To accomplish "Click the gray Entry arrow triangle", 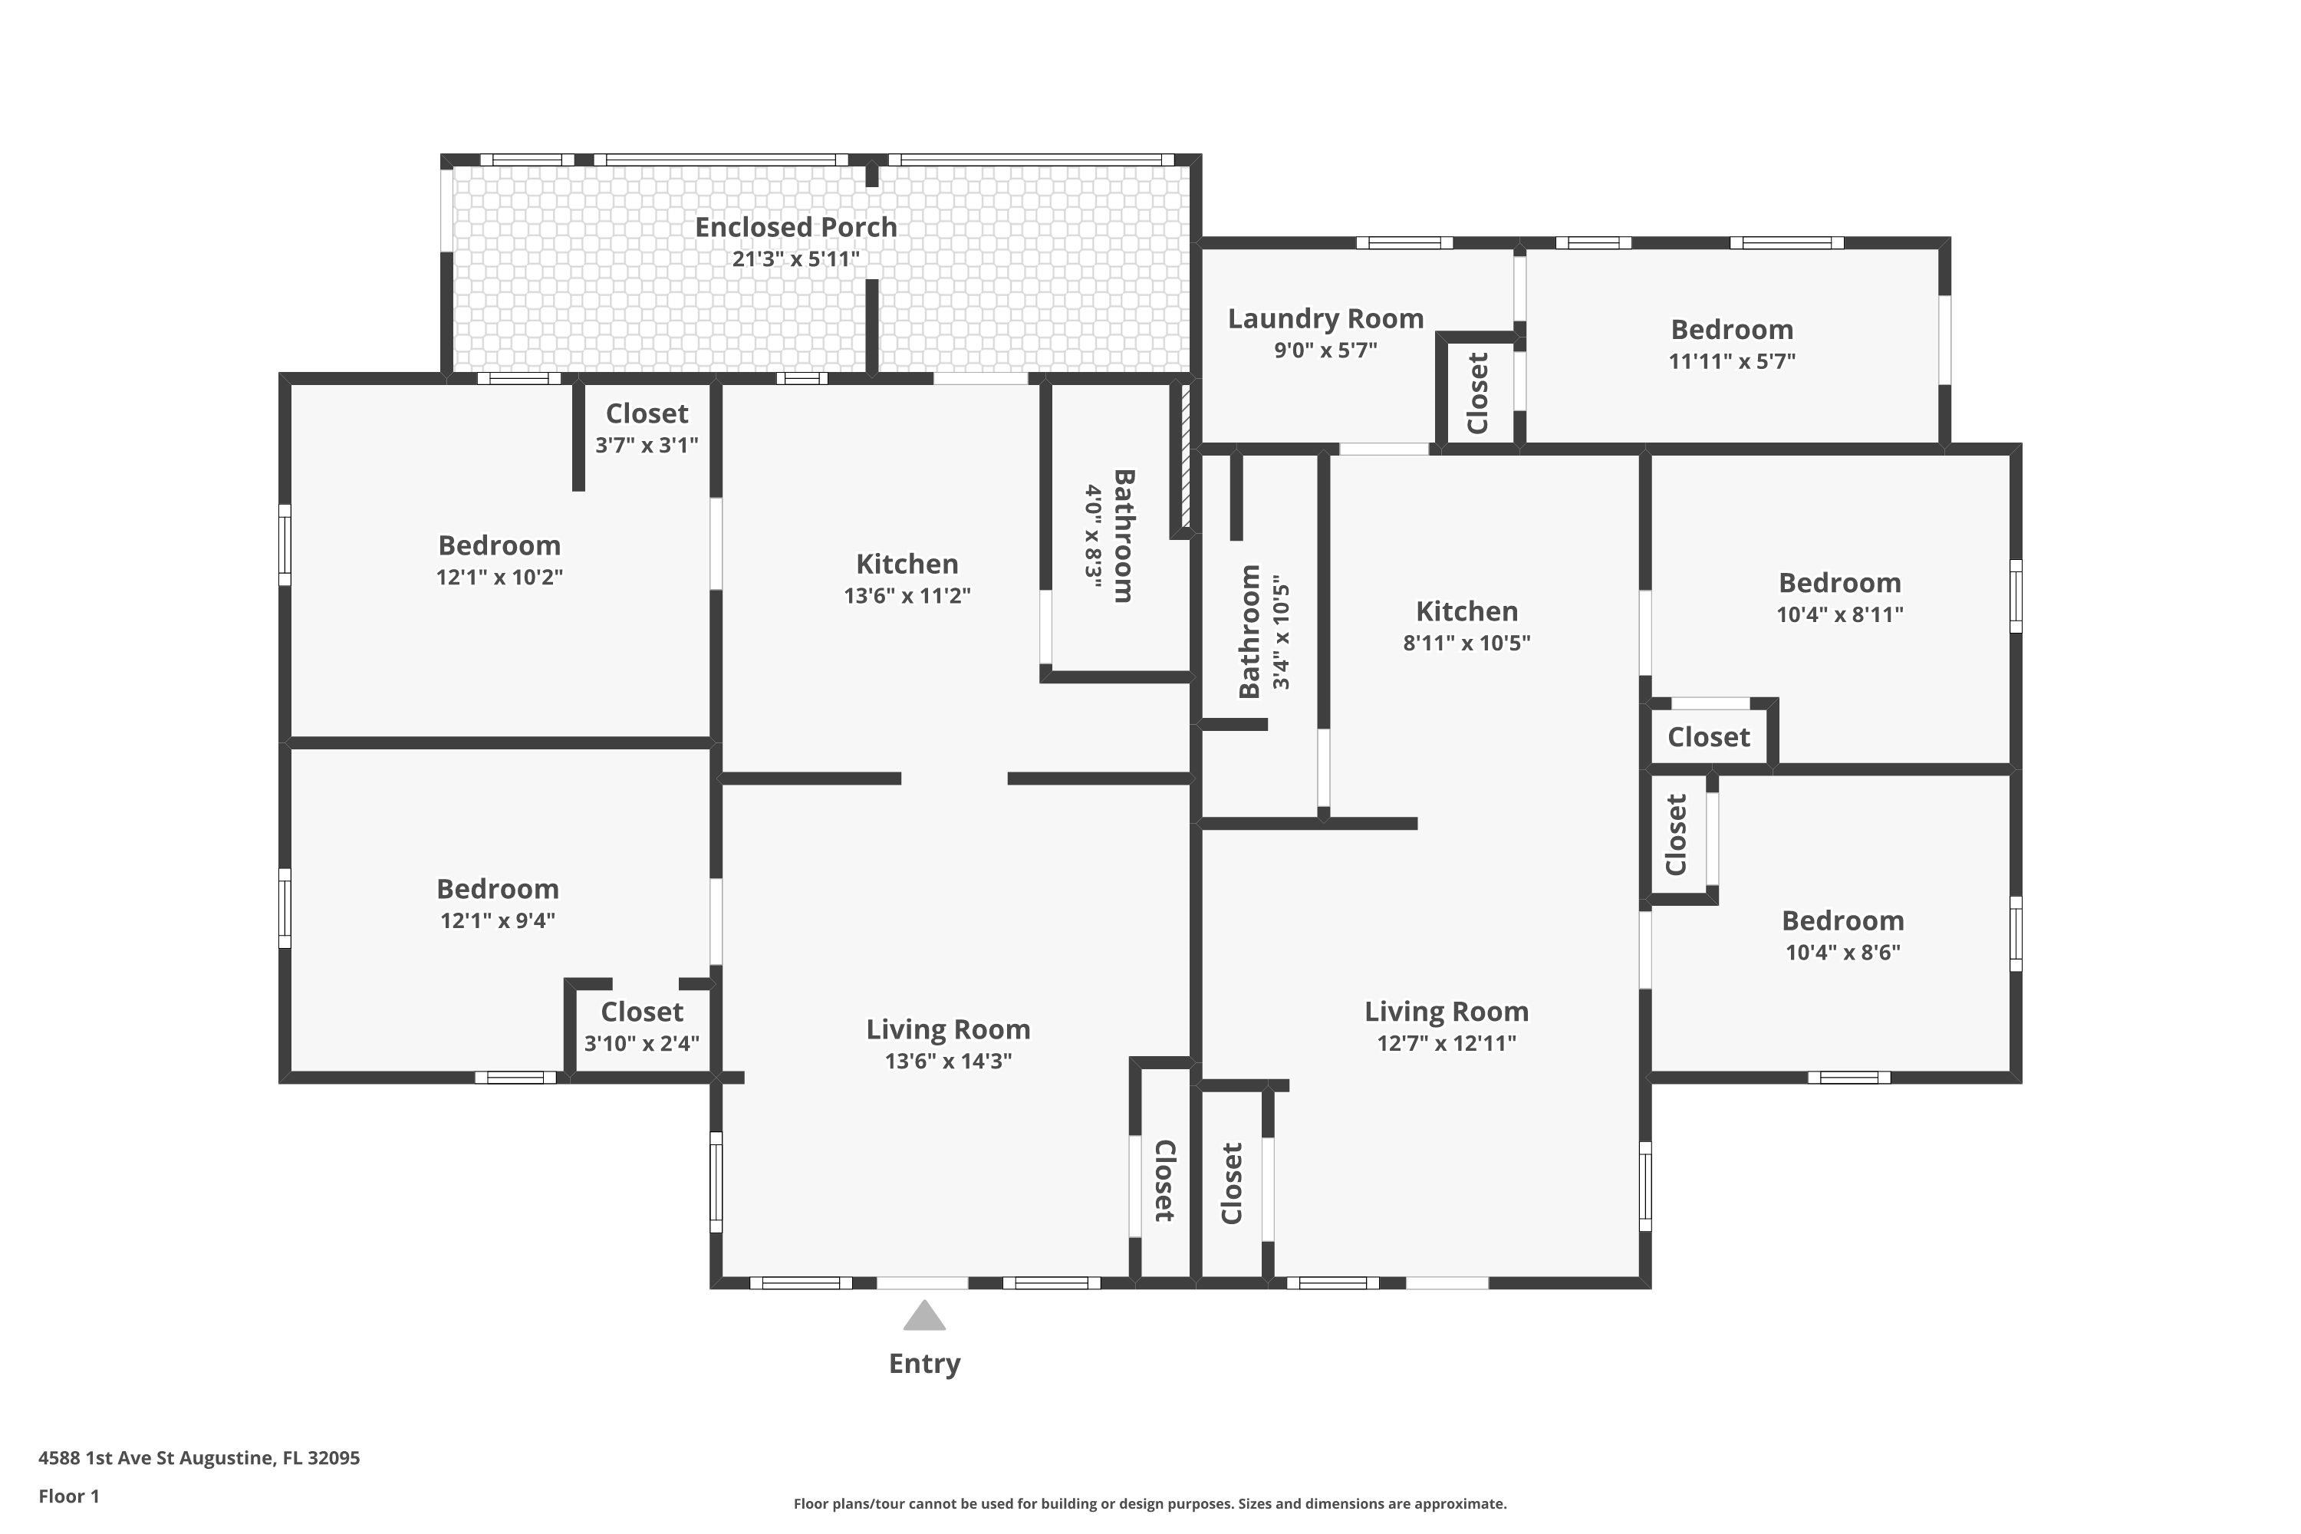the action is click(x=923, y=1316).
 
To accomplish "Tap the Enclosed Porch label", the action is click(x=795, y=227).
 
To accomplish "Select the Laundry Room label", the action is click(x=1325, y=319).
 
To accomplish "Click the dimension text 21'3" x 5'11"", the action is click(x=795, y=259).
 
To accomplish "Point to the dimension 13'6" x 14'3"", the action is click(x=948, y=1062).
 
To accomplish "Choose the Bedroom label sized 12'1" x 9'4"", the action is click(x=497, y=888).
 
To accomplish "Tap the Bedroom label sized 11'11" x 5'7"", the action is click(x=1732, y=329).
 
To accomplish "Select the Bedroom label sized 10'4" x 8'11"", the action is click(x=1839, y=582).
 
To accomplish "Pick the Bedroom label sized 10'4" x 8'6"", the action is click(x=1842, y=920).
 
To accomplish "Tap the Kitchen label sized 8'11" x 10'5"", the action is click(x=1467, y=611).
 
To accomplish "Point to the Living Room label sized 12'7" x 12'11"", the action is click(x=1446, y=1012).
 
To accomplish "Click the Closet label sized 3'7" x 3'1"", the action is click(x=647, y=414).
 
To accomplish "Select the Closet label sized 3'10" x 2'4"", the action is click(x=642, y=1012).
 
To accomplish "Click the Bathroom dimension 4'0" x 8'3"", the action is click(x=1093, y=537).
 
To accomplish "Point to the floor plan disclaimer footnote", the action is click(x=1150, y=1503).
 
